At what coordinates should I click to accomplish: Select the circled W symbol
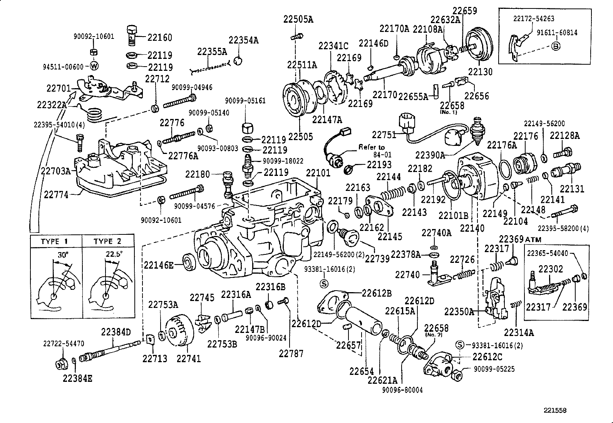(x=94, y=66)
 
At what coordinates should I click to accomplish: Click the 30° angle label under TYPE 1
(x=63, y=255)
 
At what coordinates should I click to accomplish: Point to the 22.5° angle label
(x=114, y=254)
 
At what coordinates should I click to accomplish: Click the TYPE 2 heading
(x=108, y=241)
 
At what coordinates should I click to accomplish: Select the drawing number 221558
(x=555, y=411)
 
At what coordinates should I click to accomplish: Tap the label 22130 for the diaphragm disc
(x=480, y=72)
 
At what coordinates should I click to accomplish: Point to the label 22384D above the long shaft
(x=116, y=332)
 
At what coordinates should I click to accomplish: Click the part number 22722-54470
(x=64, y=344)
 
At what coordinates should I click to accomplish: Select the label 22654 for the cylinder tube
(x=362, y=371)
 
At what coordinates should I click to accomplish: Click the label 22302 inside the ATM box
(x=551, y=269)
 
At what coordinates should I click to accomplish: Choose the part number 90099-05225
(x=494, y=368)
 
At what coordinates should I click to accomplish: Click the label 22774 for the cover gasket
(x=56, y=195)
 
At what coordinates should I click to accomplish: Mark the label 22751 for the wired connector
(x=384, y=134)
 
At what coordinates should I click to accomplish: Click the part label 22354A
(x=243, y=40)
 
